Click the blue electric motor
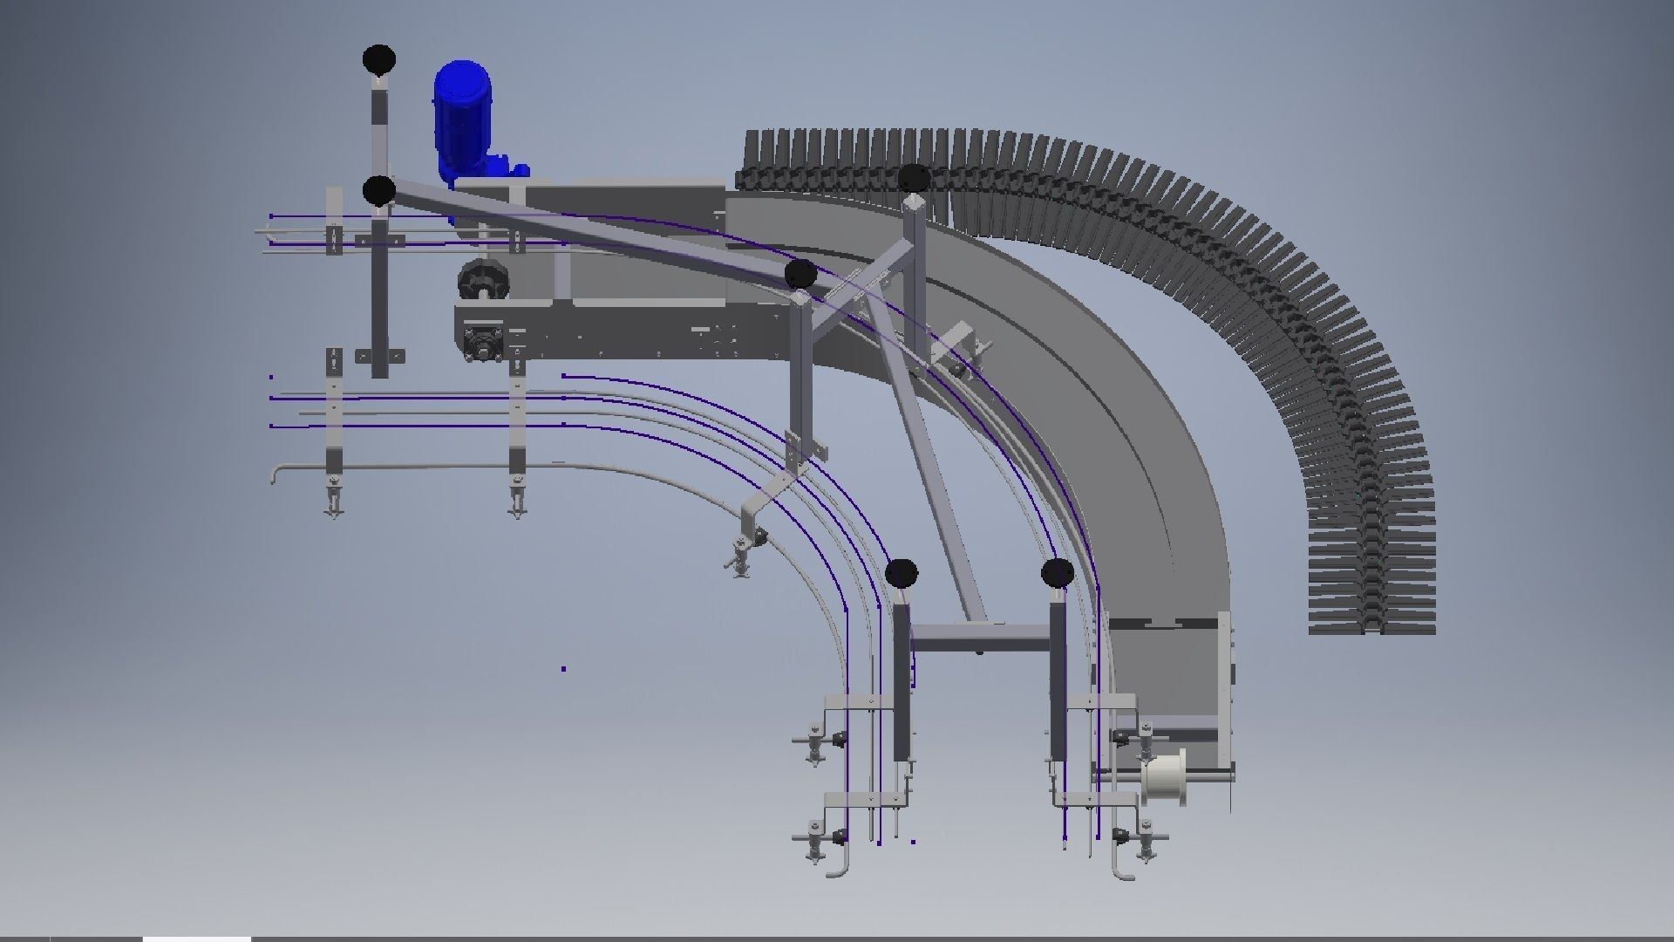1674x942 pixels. (x=462, y=113)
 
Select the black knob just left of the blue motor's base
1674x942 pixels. (x=379, y=189)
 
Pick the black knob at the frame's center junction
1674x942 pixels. (x=800, y=274)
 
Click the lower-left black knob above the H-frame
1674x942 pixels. (x=902, y=573)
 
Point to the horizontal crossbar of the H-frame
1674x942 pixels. (x=980, y=644)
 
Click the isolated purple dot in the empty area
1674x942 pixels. (x=563, y=669)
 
